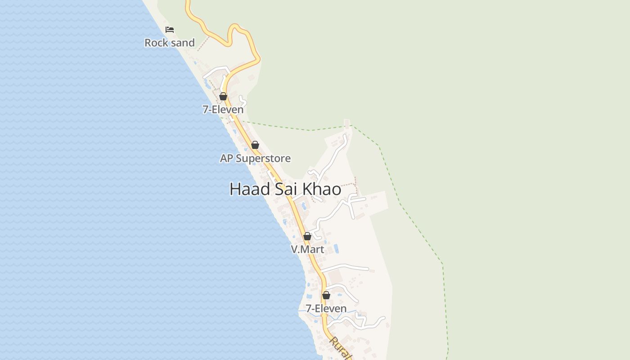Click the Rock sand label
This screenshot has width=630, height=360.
169,43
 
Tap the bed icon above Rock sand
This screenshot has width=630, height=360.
170,30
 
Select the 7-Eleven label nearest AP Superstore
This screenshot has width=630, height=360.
223,109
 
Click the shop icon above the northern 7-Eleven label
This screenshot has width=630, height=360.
223,96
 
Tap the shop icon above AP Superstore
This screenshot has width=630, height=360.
255,145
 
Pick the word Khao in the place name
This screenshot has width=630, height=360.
322,189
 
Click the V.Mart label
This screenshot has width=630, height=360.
307,249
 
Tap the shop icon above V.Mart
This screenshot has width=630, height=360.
307,236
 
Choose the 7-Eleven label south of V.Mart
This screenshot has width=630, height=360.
326,309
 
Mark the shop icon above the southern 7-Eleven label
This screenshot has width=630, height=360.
326,295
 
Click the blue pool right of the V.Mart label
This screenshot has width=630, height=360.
336,248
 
